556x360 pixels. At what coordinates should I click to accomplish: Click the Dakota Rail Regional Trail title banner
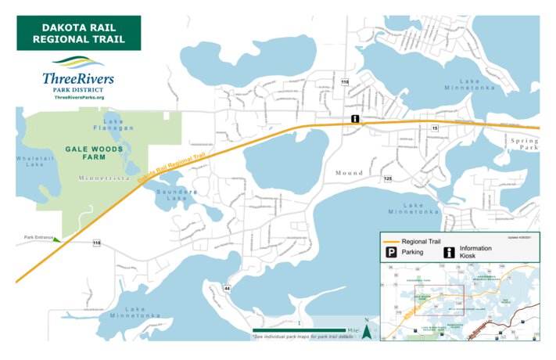click(78, 33)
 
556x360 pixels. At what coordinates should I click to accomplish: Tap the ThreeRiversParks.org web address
click(79, 96)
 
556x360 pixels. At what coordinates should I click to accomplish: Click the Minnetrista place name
click(102, 178)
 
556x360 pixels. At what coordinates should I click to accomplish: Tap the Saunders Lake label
click(177, 195)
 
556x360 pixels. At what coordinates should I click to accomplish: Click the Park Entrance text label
click(37, 236)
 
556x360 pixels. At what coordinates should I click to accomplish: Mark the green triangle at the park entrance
click(56, 239)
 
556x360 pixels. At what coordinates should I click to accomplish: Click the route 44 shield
click(227, 289)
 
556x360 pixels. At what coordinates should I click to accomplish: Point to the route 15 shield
click(435, 127)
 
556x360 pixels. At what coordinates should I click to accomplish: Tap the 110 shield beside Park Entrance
click(96, 243)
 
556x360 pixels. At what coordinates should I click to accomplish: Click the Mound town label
click(349, 172)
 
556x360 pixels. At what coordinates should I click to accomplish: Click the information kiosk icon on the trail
click(355, 120)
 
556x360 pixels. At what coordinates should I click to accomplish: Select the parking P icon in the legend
click(389, 253)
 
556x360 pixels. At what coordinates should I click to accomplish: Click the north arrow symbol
click(366, 332)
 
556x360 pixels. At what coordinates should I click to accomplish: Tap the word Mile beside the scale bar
click(353, 331)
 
